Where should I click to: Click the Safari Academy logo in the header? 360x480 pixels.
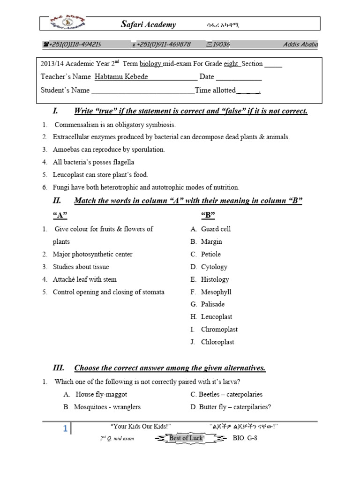coord(68,23)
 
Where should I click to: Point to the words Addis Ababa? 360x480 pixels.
coord(300,45)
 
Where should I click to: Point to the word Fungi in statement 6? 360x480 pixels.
coord(60,187)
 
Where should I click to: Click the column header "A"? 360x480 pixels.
coord(59,215)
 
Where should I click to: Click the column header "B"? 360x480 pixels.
coord(208,215)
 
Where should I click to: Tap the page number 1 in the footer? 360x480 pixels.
coord(65,429)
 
